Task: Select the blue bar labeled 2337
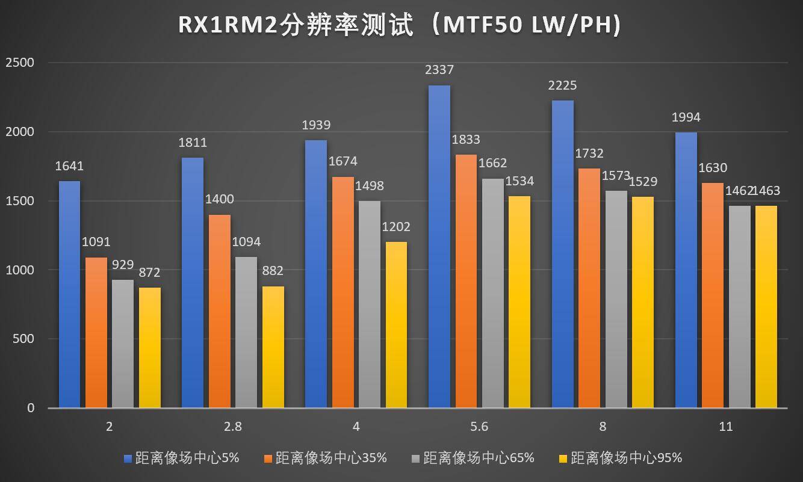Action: [439, 247]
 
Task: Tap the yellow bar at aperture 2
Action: [150, 347]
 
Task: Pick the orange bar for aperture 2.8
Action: [220, 311]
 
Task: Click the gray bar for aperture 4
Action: [370, 304]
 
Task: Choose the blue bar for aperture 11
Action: [686, 270]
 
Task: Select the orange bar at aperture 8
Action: [590, 288]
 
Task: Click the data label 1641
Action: [69, 166]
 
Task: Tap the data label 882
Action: [273, 271]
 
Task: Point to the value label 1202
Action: [395, 227]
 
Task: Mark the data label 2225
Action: [562, 85]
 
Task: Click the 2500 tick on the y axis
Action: [20, 63]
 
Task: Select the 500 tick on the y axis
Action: [25, 339]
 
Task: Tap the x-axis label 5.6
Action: [480, 427]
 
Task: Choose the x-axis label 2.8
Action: [233, 427]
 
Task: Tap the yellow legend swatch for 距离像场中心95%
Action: [563, 459]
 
